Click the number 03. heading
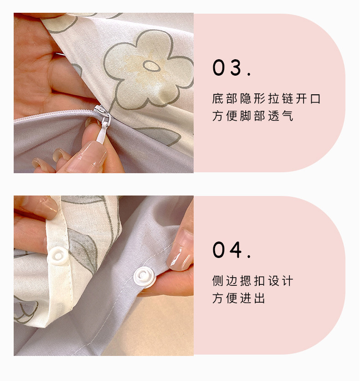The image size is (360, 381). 231,67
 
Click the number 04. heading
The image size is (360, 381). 231,250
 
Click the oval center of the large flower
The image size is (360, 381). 151,66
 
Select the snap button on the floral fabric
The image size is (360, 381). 58,256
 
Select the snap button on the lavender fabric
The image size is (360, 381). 145,277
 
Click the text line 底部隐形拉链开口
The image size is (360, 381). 266,98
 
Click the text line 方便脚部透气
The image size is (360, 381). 252,116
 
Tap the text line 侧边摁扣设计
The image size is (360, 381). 252,281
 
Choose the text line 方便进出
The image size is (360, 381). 238,298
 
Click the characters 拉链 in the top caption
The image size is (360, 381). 281,98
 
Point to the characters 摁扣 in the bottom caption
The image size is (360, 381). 252,281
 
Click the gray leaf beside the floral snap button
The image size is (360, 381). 82,250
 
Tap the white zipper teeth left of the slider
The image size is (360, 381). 54,115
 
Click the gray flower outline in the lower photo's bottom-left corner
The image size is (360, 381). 26,310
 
